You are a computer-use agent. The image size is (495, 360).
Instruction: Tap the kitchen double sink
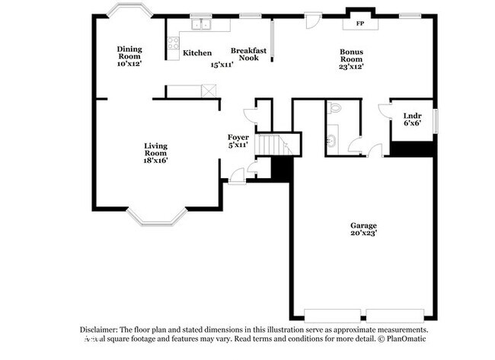(200, 25)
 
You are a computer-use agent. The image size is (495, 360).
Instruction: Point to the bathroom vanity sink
(333, 141)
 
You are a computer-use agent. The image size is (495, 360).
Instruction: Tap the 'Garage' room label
(363, 225)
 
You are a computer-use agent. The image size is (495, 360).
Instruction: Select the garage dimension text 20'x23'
(363, 233)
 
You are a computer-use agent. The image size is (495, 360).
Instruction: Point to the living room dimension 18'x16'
(155, 160)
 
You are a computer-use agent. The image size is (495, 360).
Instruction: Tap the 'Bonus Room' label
(351, 56)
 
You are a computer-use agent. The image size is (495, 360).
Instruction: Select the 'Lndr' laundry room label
(411, 116)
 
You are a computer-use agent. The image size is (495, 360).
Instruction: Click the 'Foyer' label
(238, 137)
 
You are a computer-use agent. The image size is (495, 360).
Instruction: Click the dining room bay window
(129, 11)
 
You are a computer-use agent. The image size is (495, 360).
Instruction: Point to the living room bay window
(156, 216)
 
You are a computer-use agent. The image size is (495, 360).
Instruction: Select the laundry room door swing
(384, 111)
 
